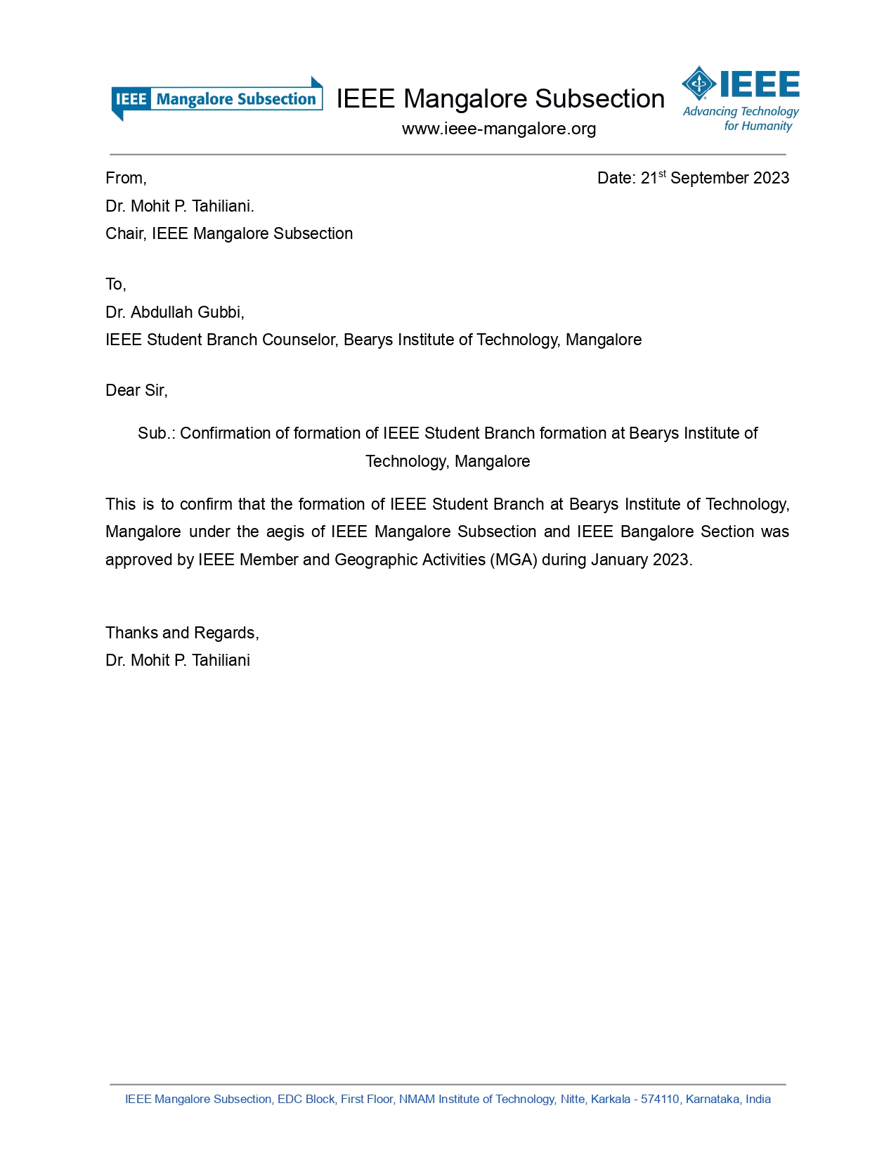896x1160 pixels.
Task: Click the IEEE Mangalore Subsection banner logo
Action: [x=216, y=99]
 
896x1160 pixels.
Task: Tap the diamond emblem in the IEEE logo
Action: [x=699, y=84]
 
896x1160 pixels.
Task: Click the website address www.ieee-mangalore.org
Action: [x=499, y=129]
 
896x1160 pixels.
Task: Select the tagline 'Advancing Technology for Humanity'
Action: [x=741, y=119]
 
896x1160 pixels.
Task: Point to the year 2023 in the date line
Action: [x=771, y=179]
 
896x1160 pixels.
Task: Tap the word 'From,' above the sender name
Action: [x=126, y=179]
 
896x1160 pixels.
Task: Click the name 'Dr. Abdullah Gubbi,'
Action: [x=175, y=312]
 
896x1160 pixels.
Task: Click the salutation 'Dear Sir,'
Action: [x=136, y=391]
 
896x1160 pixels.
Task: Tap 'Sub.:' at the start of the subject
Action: [x=156, y=434]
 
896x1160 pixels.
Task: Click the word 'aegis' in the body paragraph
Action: [x=285, y=532]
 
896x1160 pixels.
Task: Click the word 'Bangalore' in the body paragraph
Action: [x=657, y=532]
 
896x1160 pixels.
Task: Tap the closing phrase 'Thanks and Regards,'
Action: [x=182, y=633]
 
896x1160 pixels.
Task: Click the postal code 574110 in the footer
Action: [x=660, y=1100]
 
